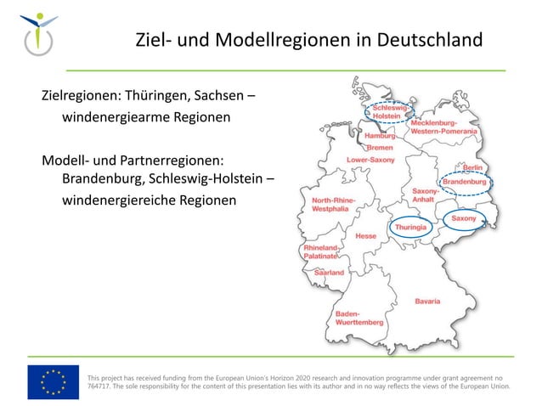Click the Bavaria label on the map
pos(427,302)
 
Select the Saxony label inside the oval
pos(464,218)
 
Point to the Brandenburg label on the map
pos(464,182)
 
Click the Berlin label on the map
pos(473,168)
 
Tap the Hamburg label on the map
pos(380,136)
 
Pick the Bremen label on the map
pos(380,148)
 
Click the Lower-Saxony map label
pos(370,160)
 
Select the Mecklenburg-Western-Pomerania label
pos(443,127)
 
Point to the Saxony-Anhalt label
pos(426,195)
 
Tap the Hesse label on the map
pos(366,235)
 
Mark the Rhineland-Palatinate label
pos(321,251)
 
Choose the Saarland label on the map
pos(330,273)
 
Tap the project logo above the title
pos(39,33)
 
